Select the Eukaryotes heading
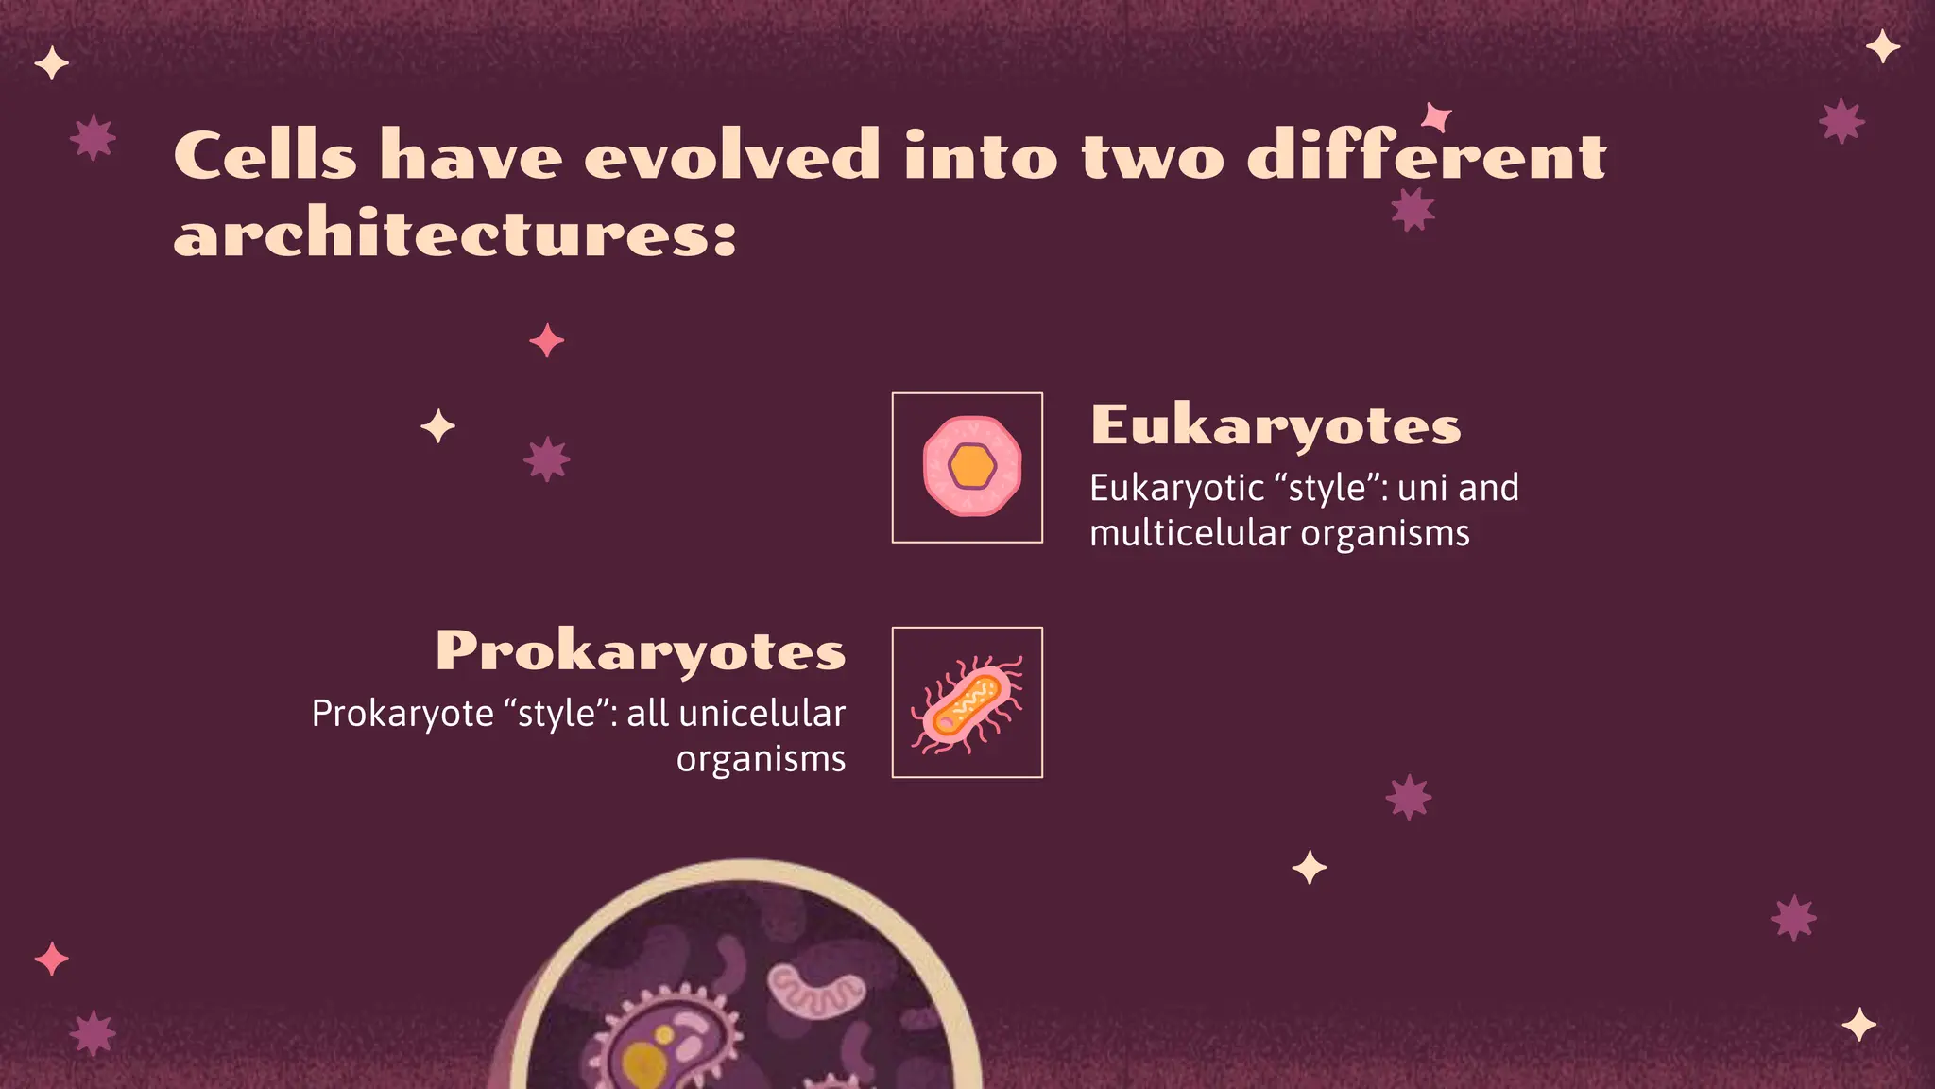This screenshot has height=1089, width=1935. click(x=1276, y=425)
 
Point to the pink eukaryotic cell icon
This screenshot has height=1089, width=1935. click(x=971, y=466)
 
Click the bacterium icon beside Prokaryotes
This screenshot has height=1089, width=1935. click(x=967, y=703)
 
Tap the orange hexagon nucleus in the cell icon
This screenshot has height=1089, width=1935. click(x=972, y=466)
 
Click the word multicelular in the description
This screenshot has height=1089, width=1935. click(x=1190, y=533)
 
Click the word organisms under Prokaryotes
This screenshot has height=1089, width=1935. click(x=761, y=759)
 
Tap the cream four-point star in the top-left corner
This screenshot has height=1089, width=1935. click(x=51, y=64)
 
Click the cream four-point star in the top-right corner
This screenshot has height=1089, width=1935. click(x=1883, y=46)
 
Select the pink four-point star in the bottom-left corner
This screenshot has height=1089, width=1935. click(x=51, y=959)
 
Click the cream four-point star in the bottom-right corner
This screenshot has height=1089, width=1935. click(x=1858, y=1025)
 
